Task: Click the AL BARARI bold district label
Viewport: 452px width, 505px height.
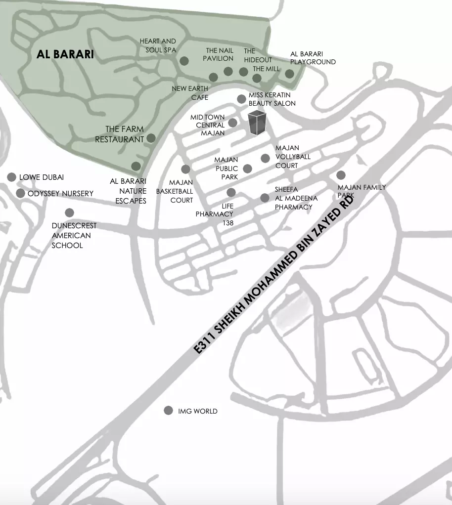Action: click(65, 54)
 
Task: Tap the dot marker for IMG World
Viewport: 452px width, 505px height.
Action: click(168, 411)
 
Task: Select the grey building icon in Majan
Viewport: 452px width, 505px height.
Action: click(257, 123)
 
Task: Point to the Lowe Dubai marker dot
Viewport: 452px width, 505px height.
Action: click(11, 177)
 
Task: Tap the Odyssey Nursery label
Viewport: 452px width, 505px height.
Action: click(60, 193)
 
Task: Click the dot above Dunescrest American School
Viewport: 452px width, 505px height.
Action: click(69, 212)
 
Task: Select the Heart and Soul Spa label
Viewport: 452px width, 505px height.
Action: click(158, 45)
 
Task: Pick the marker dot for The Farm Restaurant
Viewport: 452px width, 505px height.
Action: click(151, 138)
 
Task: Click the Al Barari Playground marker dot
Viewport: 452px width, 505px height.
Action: click(289, 74)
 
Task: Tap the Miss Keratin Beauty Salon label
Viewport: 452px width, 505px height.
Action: click(271, 99)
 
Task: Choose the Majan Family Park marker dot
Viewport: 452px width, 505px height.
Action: click(341, 174)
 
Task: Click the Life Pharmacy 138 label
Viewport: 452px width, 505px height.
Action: click(214, 214)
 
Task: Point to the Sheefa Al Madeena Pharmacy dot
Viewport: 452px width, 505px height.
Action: click(265, 198)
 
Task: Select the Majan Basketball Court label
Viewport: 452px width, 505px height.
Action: click(175, 191)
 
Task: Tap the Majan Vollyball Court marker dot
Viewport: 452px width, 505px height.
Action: click(265, 158)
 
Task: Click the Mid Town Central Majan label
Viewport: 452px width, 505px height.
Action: click(208, 125)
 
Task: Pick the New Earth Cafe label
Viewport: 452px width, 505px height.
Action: click(190, 93)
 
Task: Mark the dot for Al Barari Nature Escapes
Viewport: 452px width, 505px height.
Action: click(136, 166)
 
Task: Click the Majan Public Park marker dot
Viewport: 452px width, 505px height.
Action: click(247, 168)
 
